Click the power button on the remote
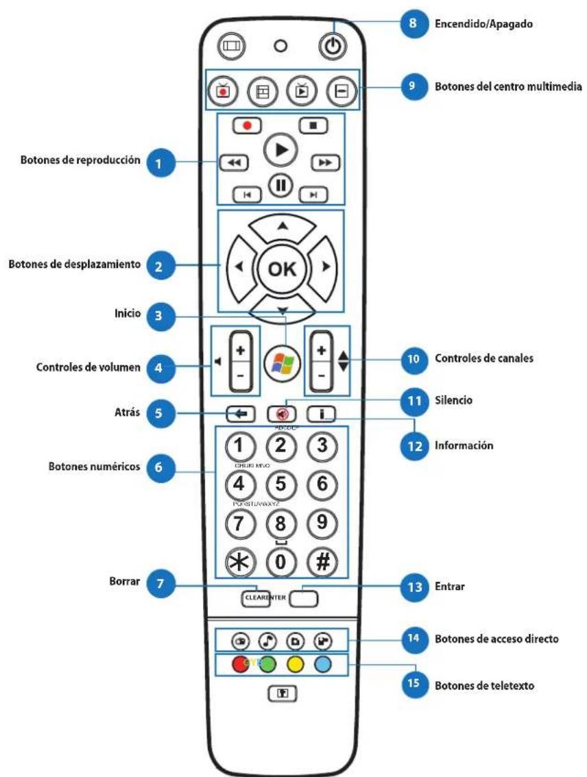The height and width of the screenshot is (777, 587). tap(332, 47)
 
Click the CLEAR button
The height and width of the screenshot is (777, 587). tap(254, 597)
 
